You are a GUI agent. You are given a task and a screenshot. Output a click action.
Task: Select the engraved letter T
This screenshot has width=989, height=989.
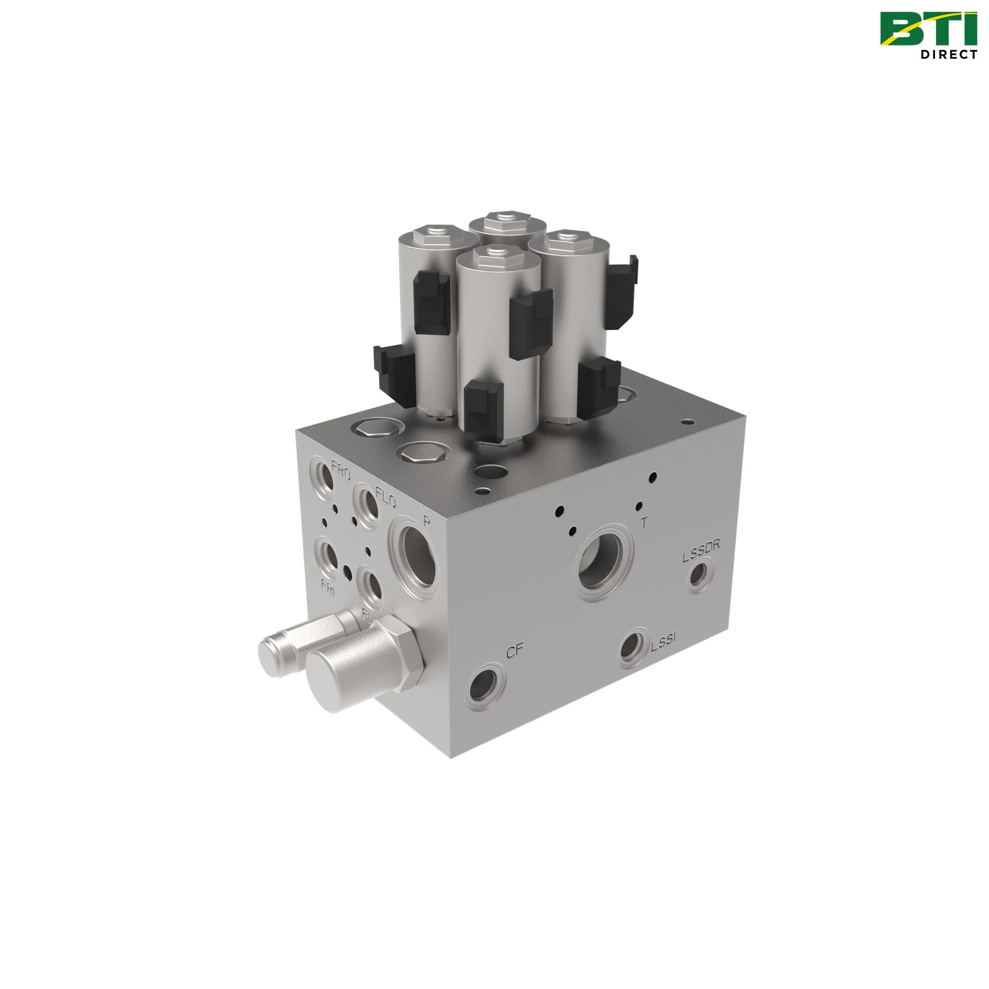[644, 522]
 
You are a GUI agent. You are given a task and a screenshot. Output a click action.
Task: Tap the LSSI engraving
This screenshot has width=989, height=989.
[664, 646]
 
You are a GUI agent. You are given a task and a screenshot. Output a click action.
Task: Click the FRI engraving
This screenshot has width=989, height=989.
[328, 585]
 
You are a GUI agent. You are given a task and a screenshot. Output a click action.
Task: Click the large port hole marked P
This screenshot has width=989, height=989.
[417, 560]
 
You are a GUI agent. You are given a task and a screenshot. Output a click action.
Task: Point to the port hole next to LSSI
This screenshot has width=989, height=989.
[632, 649]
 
